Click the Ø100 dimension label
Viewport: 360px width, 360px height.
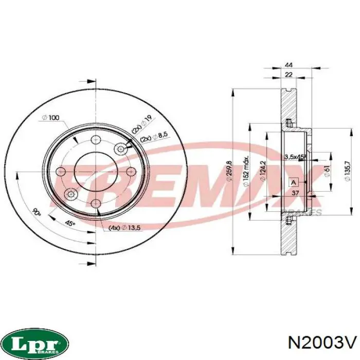[50, 118]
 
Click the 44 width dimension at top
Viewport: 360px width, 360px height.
[289, 65]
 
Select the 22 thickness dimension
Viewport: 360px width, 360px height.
[289, 75]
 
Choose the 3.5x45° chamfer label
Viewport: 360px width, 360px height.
[295, 156]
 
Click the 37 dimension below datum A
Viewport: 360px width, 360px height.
[295, 193]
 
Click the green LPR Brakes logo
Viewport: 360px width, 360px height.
[34, 341]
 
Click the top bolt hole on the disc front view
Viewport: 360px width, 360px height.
[96, 140]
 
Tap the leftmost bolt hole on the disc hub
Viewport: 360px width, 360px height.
[62, 172]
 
